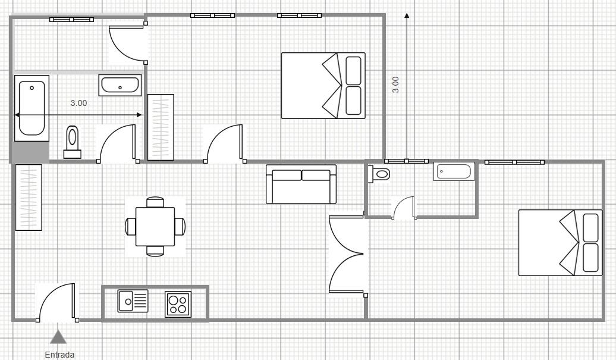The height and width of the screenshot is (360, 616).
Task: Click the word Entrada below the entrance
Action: [59, 355]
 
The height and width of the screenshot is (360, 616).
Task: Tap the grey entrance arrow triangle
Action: [58, 337]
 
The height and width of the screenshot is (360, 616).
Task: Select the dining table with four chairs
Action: [155, 227]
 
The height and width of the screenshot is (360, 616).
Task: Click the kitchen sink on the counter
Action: [133, 301]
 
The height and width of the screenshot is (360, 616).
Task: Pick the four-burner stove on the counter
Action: [178, 304]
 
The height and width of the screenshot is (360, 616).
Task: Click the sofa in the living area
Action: [301, 184]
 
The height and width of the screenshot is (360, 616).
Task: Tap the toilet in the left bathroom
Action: [73, 142]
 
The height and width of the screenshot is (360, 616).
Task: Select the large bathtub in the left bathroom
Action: [32, 108]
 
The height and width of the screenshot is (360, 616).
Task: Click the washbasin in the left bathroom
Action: [120, 85]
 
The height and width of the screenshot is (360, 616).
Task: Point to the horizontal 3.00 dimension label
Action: [78, 103]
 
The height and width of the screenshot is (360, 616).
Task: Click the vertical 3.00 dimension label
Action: [395, 84]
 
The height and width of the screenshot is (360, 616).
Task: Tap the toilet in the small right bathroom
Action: [379, 173]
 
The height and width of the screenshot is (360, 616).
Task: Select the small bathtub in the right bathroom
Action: [454, 172]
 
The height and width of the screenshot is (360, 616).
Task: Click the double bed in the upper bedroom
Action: [323, 86]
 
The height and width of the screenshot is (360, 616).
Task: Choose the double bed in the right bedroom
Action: [561, 243]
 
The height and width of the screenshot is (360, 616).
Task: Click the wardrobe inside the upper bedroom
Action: [161, 127]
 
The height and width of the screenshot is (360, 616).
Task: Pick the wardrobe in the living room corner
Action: [29, 198]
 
